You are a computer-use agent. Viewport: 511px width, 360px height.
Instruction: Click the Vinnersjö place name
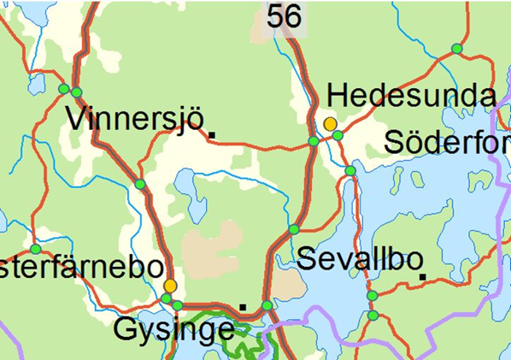tap(137, 119)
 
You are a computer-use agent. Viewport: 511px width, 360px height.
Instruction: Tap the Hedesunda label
tap(411, 95)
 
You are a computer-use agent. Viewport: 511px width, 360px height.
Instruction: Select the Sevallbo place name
tap(355, 259)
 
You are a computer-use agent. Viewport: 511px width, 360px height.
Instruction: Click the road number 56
tap(284, 15)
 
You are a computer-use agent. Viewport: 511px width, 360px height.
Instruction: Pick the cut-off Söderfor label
tap(447, 142)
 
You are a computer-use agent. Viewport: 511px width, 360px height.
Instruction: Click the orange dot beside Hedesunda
tap(330, 124)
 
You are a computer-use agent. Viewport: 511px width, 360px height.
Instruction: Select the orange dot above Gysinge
tap(170, 285)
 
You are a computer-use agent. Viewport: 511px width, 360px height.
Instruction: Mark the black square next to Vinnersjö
tap(212, 134)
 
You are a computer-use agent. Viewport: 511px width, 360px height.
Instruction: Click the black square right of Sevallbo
tap(423, 275)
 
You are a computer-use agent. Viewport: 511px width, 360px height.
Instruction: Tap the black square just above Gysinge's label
tap(243, 305)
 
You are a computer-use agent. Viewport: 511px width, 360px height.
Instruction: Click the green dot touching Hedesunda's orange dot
tap(338, 135)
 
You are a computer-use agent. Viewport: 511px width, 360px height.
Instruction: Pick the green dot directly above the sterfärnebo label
tap(35, 249)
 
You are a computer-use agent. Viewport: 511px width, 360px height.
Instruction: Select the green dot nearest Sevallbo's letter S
tap(294, 229)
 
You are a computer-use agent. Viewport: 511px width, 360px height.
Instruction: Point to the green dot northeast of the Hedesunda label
tap(456, 49)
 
